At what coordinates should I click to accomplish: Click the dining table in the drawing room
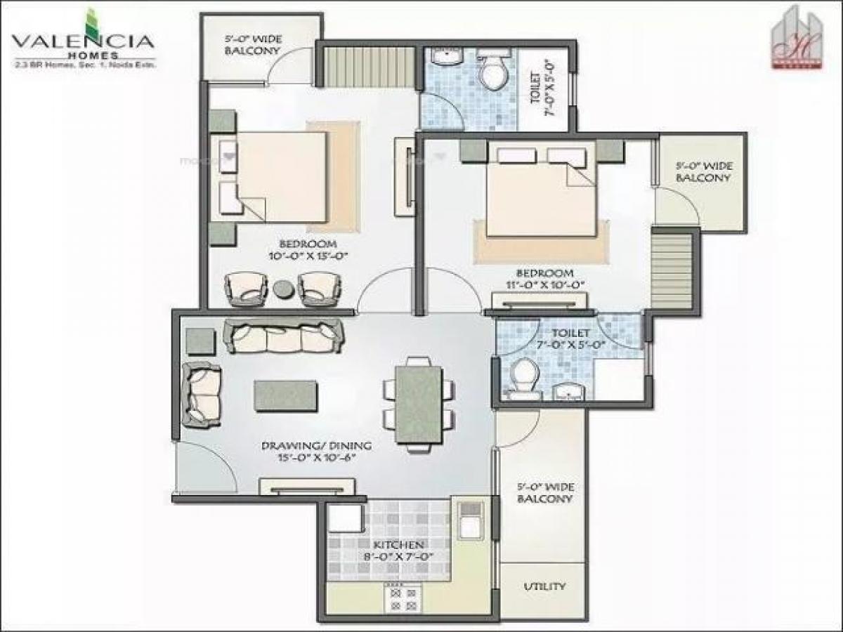[418, 404]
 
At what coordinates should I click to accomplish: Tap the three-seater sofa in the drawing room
[283, 336]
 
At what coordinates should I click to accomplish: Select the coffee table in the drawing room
[285, 395]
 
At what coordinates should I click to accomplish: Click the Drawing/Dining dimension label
[316, 451]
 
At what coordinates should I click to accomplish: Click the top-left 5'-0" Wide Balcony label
[252, 46]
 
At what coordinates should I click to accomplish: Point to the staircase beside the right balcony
[672, 270]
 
